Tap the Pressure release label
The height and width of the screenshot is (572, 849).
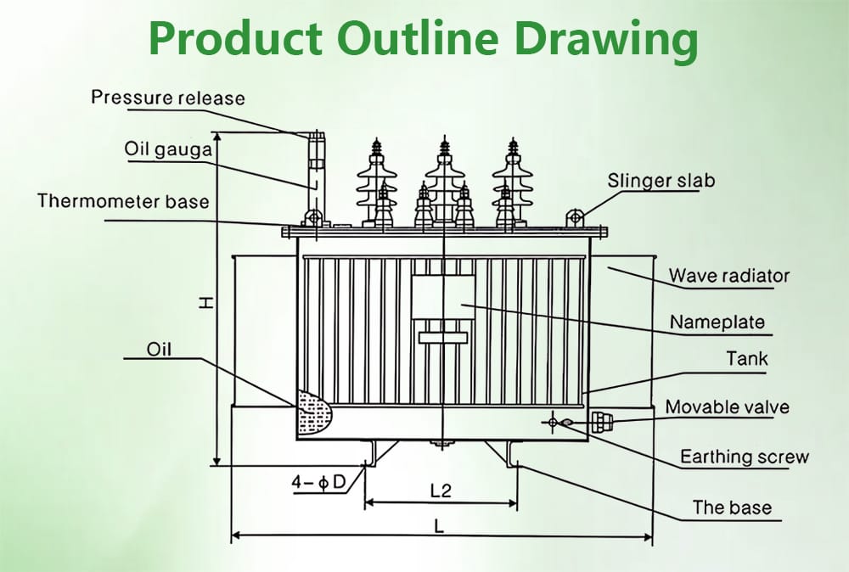coord(168,98)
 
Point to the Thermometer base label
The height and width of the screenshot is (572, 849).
coord(123,201)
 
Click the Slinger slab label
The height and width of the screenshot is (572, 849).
coord(661,180)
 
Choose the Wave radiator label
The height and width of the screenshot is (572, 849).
coord(728,276)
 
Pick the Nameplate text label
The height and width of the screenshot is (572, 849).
coord(717,322)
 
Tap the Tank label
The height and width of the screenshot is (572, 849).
coord(746,359)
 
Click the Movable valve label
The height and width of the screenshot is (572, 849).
coord(727,407)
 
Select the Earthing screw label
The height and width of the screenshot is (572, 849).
coord(744,457)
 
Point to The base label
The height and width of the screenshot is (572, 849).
coord(732,508)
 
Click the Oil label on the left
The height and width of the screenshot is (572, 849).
coord(159,349)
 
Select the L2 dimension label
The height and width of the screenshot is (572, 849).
coord(441,491)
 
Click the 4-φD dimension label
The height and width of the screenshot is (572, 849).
coord(318,483)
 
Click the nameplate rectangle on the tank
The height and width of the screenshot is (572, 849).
coord(442,296)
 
